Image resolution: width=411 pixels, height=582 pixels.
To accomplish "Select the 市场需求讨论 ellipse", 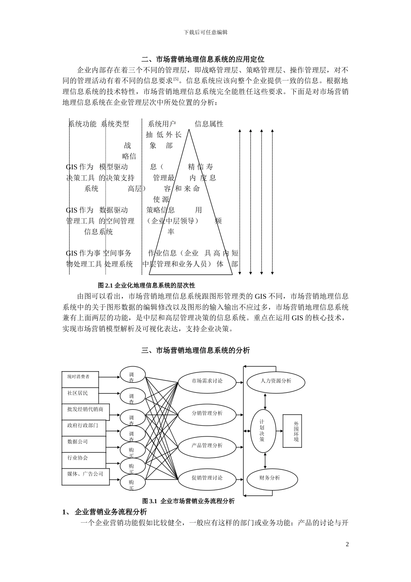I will coord(207,381).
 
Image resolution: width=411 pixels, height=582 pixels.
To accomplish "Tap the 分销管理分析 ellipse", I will coord(207,414).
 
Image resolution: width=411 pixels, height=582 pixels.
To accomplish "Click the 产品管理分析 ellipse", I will coord(207,446).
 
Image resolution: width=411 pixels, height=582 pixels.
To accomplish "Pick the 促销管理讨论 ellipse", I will coord(207,478).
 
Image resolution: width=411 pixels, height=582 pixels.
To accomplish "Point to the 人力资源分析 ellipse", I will coord(276,381).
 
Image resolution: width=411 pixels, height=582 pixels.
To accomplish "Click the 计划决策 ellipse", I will coord(263,430).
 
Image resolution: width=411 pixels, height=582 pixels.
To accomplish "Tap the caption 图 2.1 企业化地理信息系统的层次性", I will coord(147,285).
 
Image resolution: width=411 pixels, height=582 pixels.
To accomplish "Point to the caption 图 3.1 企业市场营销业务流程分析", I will coord(188,501).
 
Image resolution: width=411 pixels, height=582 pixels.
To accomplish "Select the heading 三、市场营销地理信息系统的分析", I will coord(196,351).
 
